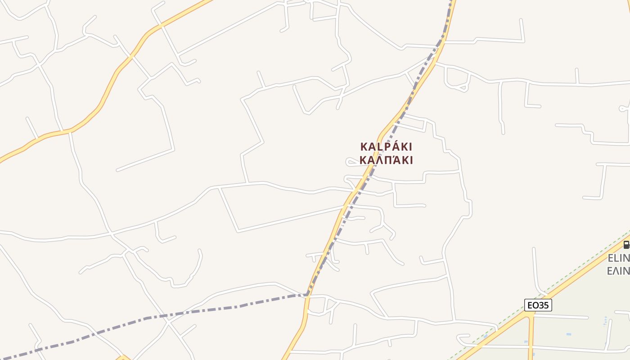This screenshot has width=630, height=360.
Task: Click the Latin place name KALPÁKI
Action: (x=386, y=147)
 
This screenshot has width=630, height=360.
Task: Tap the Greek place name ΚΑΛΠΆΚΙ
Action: (x=386, y=160)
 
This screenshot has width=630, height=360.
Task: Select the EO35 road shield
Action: (x=538, y=305)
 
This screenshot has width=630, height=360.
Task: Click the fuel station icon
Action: (x=626, y=245)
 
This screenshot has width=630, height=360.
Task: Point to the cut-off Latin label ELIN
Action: (x=618, y=258)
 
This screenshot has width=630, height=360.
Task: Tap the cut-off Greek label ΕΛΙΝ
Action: (x=618, y=271)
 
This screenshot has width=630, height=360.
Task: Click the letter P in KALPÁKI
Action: (x=384, y=147)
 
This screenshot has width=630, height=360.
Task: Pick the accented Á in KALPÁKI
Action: (x=392, y=147)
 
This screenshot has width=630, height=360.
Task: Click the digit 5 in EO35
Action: (x=546, y=305)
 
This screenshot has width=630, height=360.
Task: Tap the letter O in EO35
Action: (x=535, y=305)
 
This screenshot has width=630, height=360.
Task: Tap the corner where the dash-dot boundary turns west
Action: (x=307, y=295)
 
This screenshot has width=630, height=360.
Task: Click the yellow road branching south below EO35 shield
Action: (x=531, y=337)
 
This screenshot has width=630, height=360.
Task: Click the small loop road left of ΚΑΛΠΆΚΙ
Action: (x=350, y=162)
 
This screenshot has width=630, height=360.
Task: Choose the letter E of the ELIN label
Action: (x=611, y=258)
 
